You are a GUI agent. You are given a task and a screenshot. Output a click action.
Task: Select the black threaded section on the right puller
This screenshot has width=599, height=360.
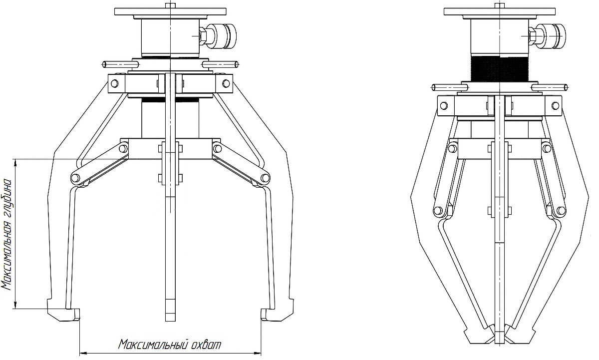click(500, 68)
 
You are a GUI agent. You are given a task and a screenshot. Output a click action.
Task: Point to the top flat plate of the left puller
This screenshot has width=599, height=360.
click(170, 11)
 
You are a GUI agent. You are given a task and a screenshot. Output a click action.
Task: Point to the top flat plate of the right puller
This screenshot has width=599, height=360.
click(500, 11)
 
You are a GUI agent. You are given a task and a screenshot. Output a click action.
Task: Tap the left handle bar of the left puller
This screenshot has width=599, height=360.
click(121, 64)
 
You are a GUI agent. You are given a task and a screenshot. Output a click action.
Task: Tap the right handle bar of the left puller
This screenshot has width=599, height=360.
click(220, 64)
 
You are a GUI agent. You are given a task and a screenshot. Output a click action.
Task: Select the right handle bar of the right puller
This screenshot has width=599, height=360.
click(550, 87)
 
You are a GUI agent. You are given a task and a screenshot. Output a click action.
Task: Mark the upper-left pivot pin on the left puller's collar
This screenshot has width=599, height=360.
click(114, 83)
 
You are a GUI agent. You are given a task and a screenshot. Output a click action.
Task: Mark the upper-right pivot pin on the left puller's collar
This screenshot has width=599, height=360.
click(226, 83)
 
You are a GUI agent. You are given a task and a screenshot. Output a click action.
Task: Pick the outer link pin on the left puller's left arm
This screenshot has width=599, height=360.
click(76, 178)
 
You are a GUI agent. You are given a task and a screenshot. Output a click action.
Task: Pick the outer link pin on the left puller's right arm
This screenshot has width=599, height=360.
click(265, 178)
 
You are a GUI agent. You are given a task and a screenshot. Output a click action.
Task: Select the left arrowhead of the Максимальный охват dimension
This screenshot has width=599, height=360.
click(83, 354)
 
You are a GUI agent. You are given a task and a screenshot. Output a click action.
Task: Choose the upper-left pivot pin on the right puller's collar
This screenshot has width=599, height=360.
click(444, 106)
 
